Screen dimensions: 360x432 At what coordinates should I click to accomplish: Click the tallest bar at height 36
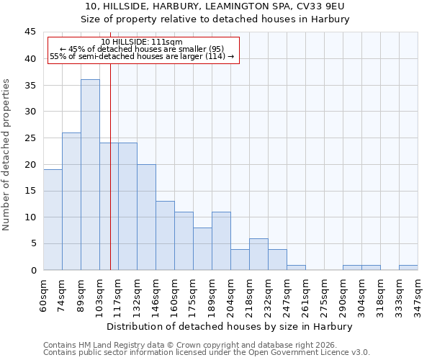[x=90, y=175]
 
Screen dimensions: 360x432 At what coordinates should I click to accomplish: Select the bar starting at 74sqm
[x=71, y=202]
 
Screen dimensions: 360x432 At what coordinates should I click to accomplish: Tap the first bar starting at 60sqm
[x=53, y=220]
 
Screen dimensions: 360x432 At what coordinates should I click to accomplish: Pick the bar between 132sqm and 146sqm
[x=146, y=217]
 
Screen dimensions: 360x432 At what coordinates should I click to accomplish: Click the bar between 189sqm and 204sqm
[x=221, y=241]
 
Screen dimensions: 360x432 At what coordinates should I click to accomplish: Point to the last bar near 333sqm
[x=408, y=267]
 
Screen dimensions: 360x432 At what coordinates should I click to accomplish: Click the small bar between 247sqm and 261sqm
[x=296, y=267]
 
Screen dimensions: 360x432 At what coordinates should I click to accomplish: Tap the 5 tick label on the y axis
[x=33, y=243]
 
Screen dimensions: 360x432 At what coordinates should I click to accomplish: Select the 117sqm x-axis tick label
[x=118, y=293]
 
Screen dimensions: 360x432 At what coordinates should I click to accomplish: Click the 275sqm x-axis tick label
[x=324, y=293]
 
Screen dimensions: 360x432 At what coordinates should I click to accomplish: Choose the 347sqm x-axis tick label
[x=418, y=293]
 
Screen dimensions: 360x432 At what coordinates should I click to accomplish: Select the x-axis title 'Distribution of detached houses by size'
[x=230, y=326]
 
